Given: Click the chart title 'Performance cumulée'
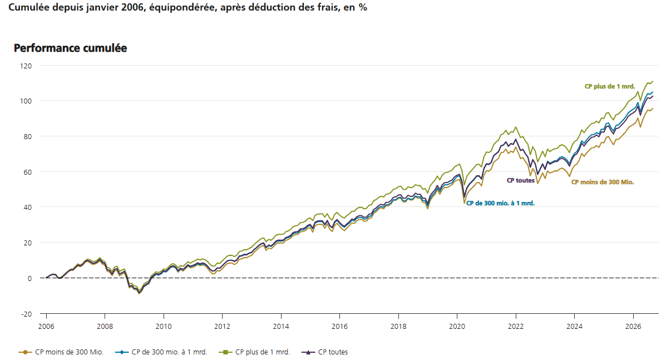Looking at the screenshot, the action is tap(71, 48).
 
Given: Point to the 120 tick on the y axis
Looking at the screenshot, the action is tap(26, 66).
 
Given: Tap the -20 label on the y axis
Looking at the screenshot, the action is tap(26, 314).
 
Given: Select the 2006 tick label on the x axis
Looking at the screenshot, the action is tap(46, 327).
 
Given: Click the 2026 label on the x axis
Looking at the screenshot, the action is tap(633, 327).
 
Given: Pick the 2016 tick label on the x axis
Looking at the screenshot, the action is tap(340, 327).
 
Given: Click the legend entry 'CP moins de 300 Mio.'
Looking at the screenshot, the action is tap(61, 352).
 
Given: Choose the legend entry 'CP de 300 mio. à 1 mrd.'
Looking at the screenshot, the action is tap(161, 352).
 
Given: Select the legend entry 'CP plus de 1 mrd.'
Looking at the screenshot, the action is tap(254, 352).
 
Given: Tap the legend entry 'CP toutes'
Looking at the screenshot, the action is tap(325, 352).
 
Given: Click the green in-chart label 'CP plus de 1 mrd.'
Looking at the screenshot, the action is tap(610, 87).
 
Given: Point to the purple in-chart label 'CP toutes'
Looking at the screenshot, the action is tap(521, 180).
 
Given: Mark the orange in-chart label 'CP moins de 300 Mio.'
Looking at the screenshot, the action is tap(603, 182).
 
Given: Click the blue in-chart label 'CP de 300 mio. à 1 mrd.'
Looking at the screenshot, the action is tap(501, 203).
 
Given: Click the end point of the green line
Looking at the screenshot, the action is tap(653, 81).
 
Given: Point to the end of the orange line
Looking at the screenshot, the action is tap(653, 109).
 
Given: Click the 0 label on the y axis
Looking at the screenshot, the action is tap(29, 279).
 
